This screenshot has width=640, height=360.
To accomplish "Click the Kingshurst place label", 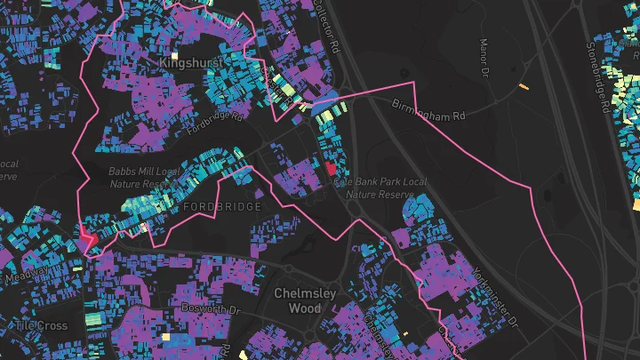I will coord(188,63).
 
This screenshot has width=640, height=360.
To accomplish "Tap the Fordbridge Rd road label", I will coord(214,122).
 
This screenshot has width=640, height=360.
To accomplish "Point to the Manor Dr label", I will coord(485,56).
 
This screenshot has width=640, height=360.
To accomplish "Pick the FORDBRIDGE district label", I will coord(221,206).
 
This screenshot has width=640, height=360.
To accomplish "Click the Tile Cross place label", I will coord(40,325).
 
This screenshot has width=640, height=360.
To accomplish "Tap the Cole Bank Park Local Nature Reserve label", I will coord(380,187).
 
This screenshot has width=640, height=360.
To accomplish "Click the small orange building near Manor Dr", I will coord(524,87).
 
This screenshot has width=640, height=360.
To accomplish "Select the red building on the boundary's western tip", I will coord(87,237).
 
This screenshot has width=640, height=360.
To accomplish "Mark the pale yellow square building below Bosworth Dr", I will coord(166,337).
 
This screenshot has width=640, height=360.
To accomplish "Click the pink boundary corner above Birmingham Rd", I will coord(414,83).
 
